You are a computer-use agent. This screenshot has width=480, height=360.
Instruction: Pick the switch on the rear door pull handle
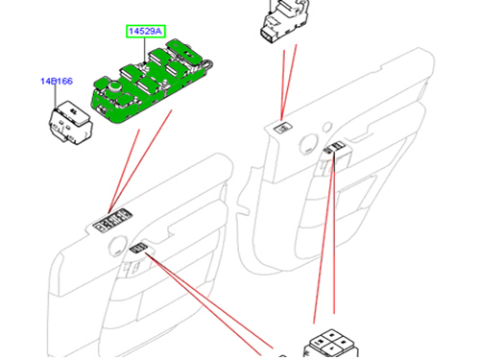(336, 149)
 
